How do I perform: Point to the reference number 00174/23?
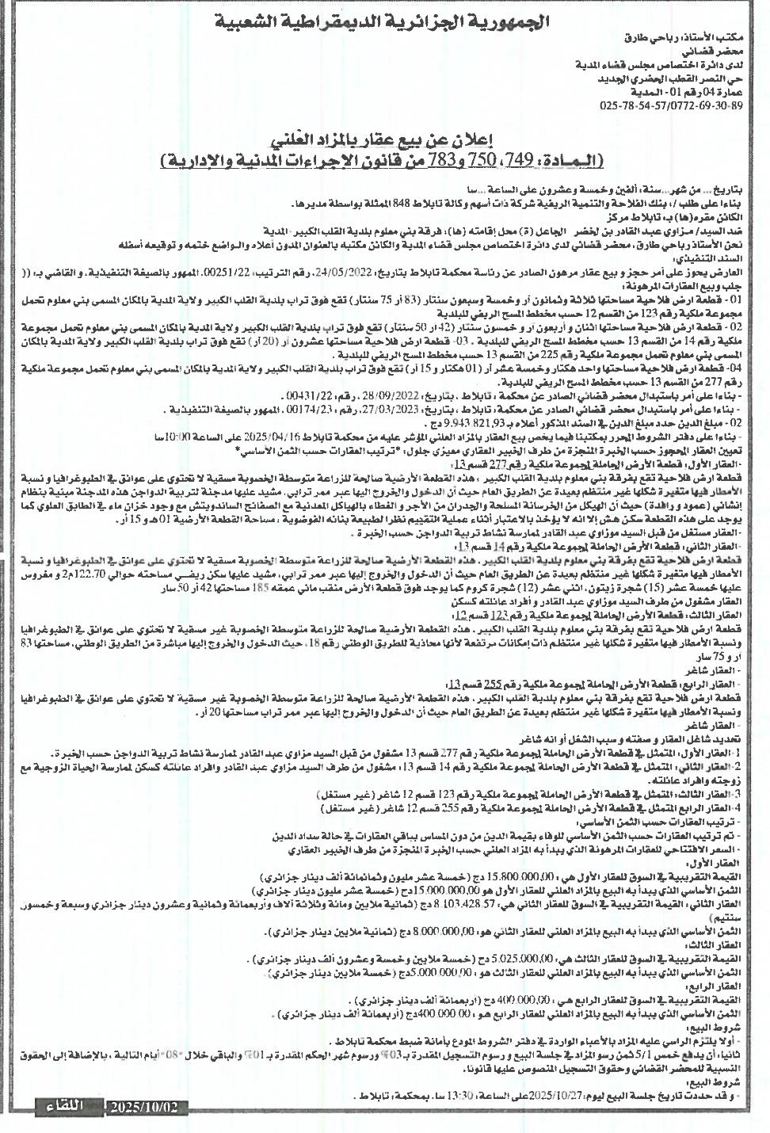tap(299, 410)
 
